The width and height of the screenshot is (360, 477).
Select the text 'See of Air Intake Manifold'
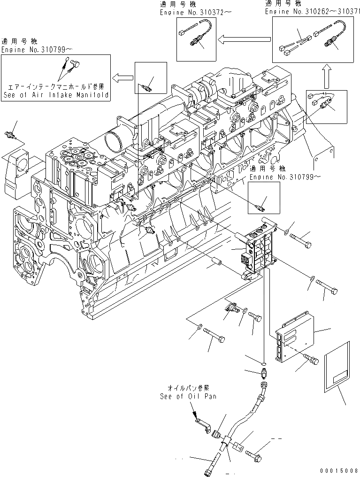pos(55,95)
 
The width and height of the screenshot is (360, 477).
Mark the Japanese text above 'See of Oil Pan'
pos(186,388)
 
